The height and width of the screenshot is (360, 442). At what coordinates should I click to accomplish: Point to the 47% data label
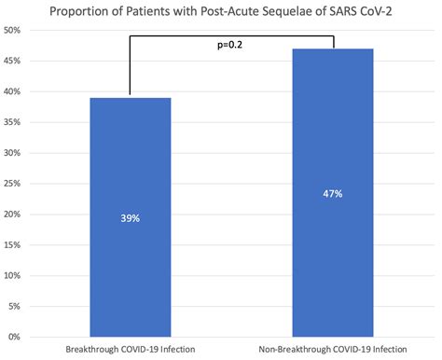click(333, 194)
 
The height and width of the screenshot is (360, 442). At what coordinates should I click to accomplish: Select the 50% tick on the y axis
click(15, 31)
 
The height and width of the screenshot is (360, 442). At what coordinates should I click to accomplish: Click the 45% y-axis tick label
click(15, 62)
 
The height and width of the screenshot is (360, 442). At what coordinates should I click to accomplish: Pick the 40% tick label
click(15, 92)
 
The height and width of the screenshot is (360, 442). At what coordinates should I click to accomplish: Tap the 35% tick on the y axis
click(15, 122)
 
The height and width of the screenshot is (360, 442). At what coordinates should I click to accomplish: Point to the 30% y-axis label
click(15, 153)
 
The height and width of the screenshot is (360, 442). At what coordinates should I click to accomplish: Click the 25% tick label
click(15, 184)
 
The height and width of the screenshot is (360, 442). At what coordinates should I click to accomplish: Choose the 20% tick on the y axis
click(15, 214)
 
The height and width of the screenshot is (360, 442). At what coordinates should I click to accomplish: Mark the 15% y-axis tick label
click(15, 244)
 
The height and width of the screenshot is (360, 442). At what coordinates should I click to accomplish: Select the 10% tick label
click(15, 275)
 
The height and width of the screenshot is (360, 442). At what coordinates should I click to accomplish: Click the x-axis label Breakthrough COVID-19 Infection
click(131, 350)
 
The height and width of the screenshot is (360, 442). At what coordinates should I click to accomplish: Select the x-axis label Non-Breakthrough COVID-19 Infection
click(333, 350)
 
